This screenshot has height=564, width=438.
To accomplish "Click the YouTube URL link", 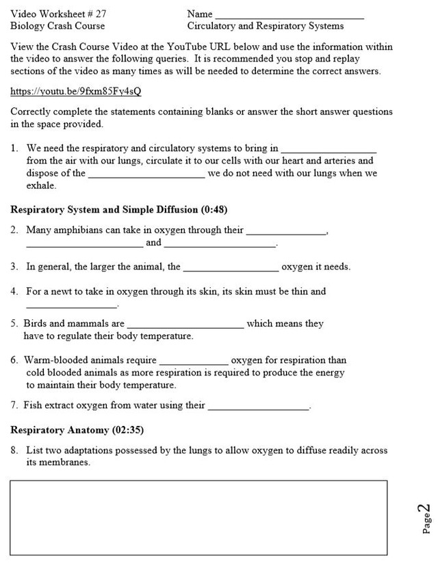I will click(80, 92).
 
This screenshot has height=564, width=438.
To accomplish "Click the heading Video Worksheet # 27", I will click(59, 14).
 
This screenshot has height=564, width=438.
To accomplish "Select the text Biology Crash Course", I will click(57, 26).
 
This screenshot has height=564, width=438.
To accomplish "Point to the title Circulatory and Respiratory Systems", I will click(266, 26).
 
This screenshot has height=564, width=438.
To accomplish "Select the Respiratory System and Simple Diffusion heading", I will click(113, 209).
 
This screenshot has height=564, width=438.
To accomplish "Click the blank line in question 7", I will click(259, 407).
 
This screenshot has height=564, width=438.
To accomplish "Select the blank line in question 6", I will click(194, 362).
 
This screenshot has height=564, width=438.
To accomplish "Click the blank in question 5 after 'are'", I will click(185, 325).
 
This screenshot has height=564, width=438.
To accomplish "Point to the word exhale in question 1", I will click(41, 185).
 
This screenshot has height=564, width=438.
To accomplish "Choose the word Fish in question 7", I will click(33, 405).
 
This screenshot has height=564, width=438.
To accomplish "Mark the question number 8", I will click(14, 451).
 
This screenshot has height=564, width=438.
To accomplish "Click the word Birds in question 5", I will click(35, 323).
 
